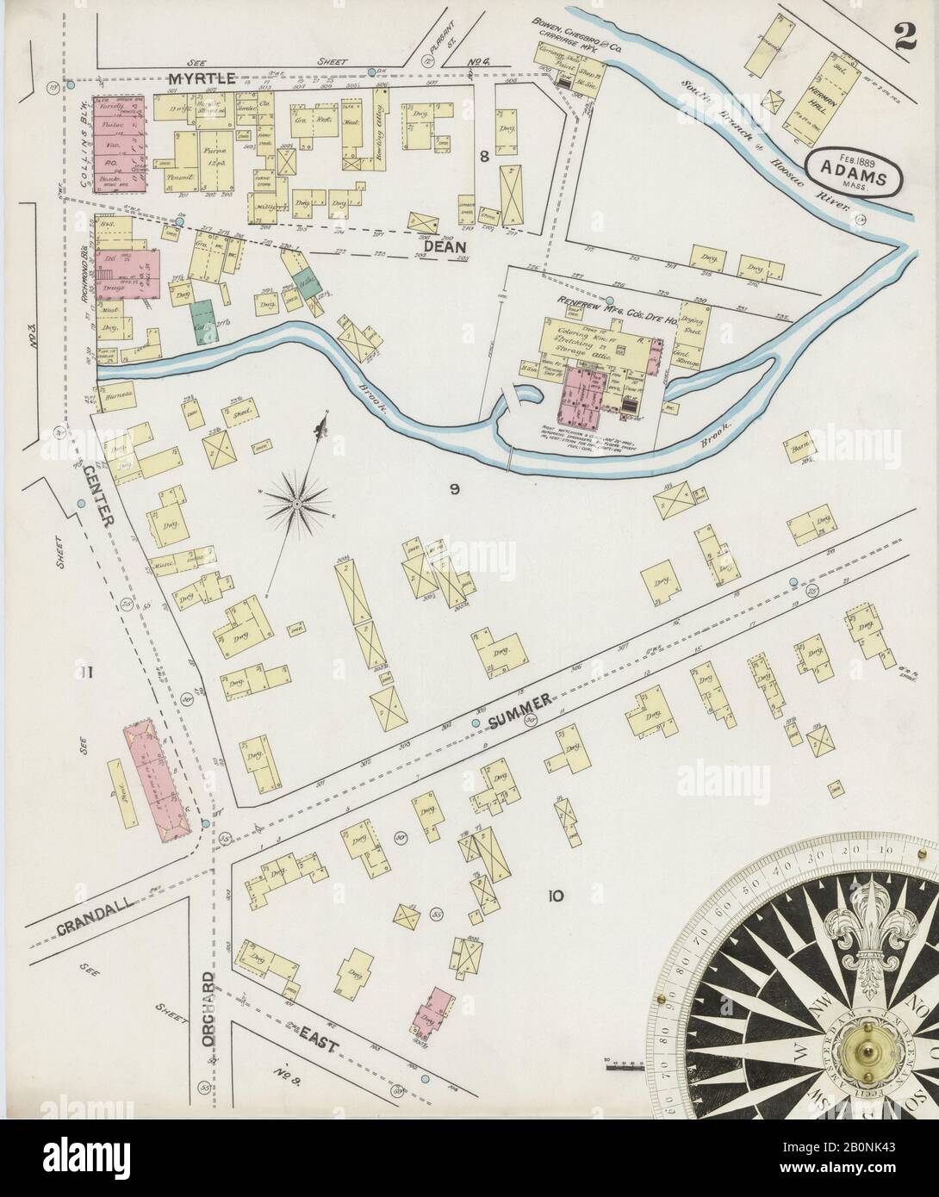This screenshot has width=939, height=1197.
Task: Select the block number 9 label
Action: coord(455,490)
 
